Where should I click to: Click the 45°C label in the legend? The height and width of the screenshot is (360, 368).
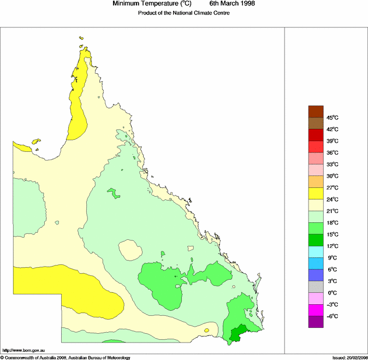coord(333,118)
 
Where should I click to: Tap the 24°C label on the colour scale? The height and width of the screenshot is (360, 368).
coord(333,199)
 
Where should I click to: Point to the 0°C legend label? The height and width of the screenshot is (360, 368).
coord(333,293)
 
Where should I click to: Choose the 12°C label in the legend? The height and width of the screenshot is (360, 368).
coord(333,246)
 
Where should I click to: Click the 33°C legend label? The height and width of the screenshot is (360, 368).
coord(333,164)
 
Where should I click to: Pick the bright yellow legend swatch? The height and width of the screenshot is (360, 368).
coord(316,193)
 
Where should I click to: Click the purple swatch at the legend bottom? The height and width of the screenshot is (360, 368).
coord(316,322)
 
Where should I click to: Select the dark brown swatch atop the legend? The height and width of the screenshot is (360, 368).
coord(316,111)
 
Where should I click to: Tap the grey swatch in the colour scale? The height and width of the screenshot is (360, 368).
coord(316,287)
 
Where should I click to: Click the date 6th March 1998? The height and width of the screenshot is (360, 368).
coord(232,4)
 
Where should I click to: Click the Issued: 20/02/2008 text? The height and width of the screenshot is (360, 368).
coord(349,357)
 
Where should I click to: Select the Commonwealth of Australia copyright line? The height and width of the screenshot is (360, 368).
coord(66,357)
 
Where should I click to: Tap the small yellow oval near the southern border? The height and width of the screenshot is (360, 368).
coord(206,331)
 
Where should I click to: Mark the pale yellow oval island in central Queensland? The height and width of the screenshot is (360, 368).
coord(129,252)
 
